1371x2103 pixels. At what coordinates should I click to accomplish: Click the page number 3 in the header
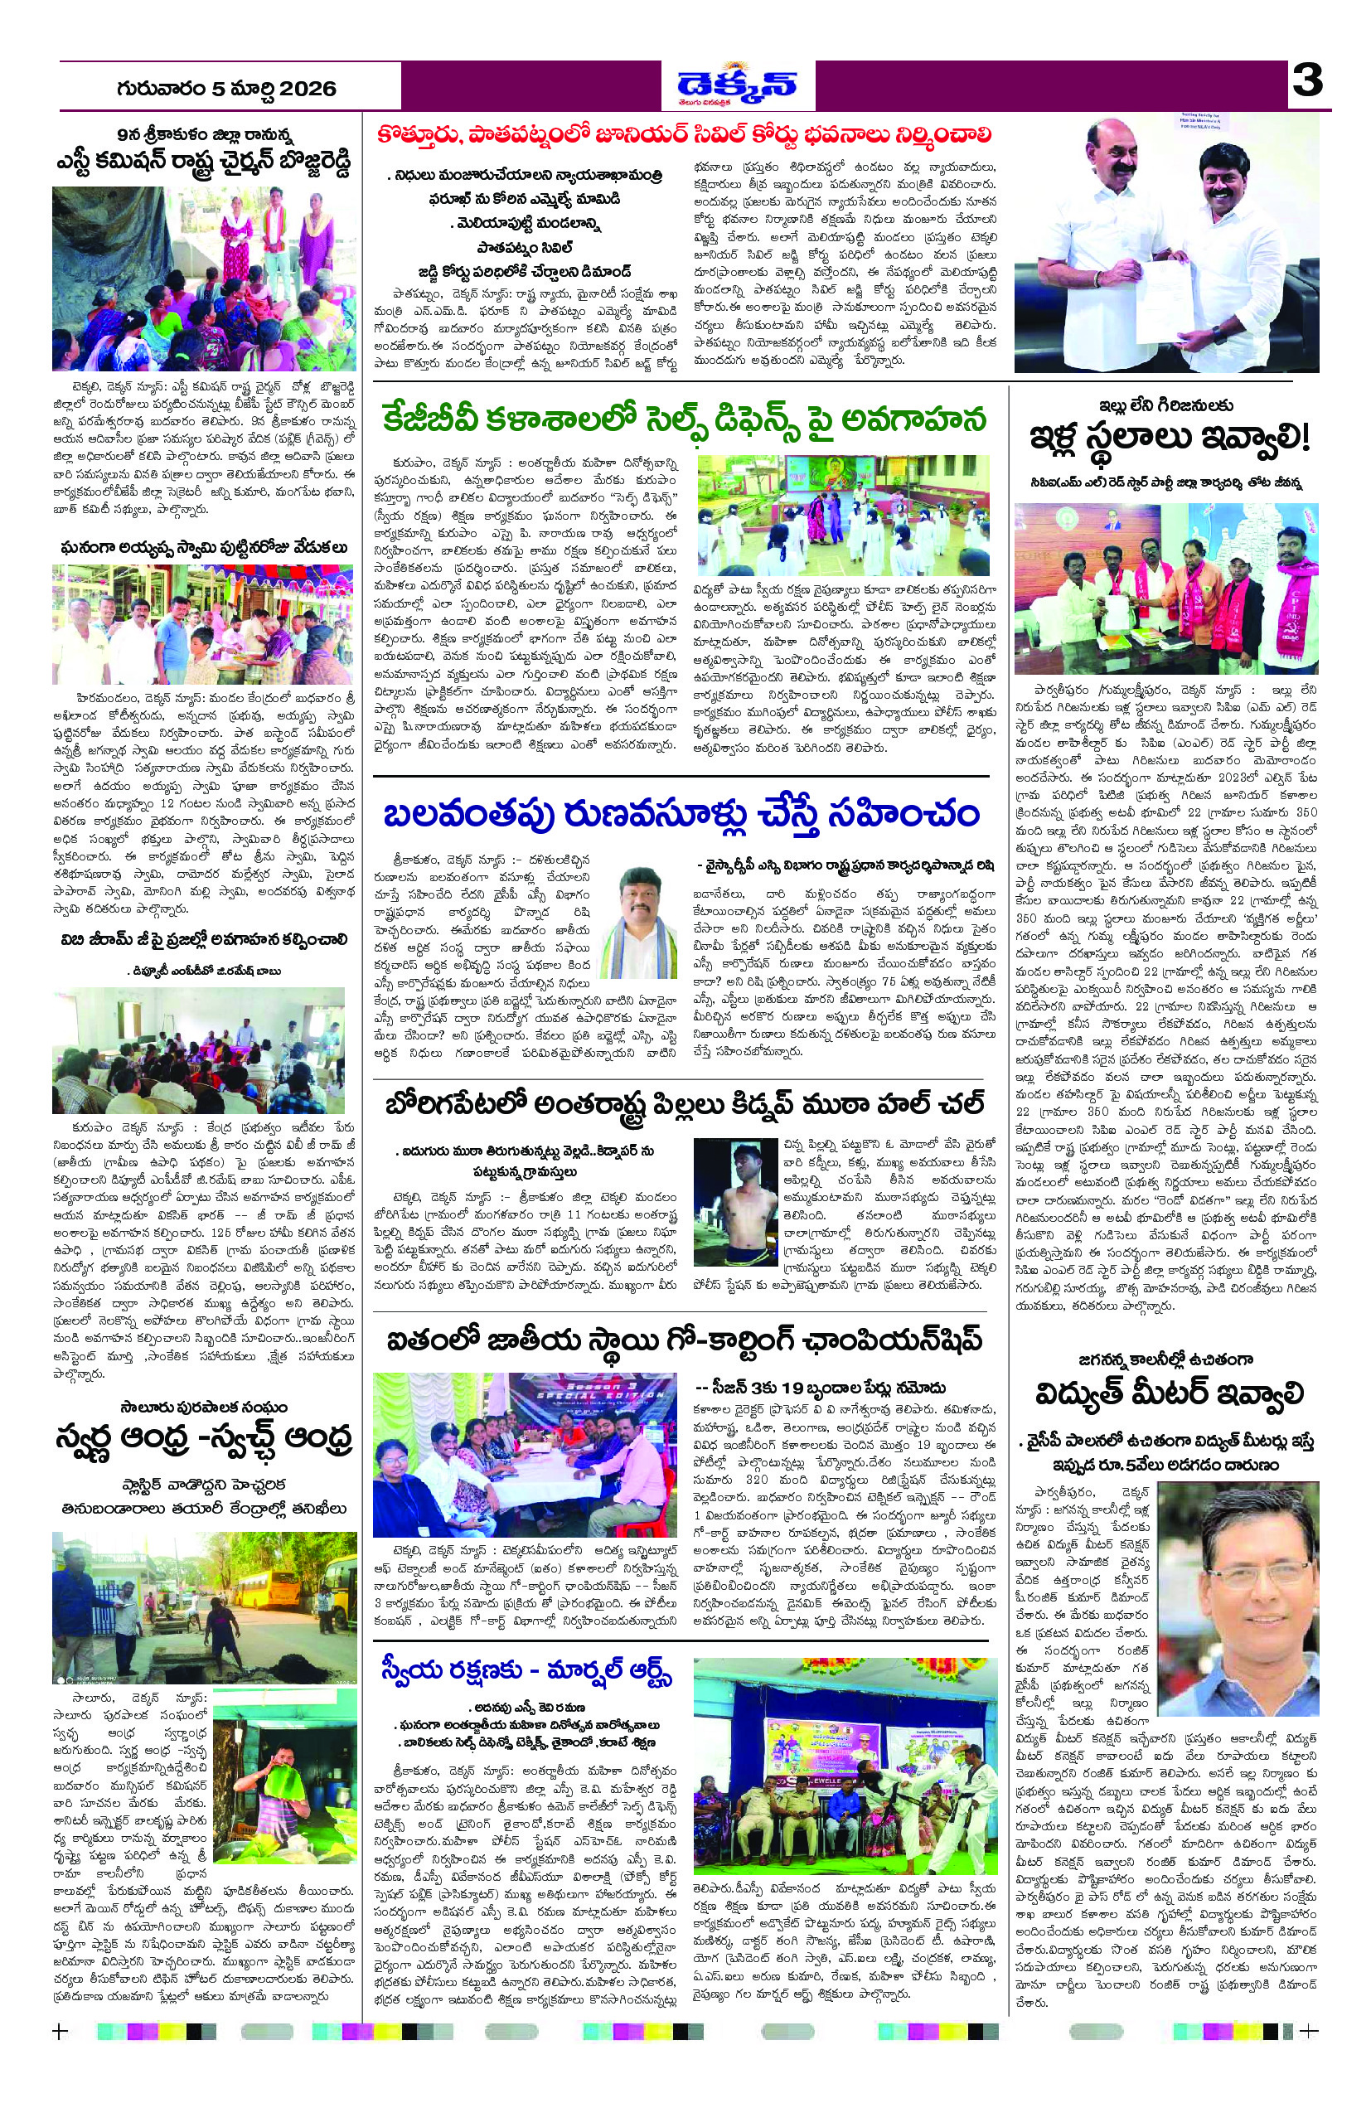pyautogui.click(x=1306, y=82)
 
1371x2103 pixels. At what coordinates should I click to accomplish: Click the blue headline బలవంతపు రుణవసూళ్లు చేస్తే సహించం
pyautogui.click(x=681, y=814)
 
